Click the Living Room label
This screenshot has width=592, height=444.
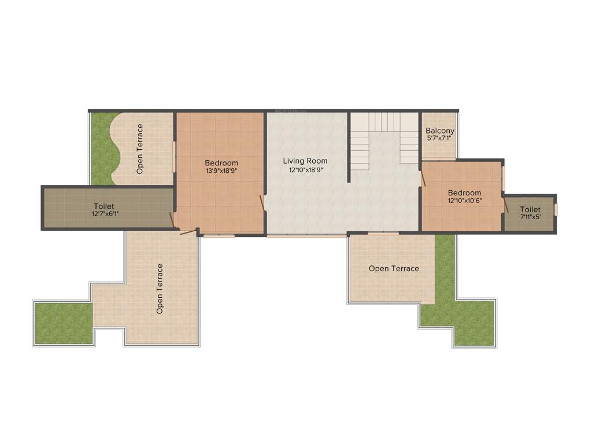coord(305,161)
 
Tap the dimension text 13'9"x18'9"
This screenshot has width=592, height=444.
coord(221,171)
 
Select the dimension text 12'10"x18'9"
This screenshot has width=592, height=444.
coord(305,170)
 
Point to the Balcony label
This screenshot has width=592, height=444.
coord(440,131)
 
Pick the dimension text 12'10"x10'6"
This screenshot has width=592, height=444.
coord(464,201)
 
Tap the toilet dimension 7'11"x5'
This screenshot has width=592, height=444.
coord(530,217)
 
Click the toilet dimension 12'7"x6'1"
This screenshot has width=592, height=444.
coord(104,214)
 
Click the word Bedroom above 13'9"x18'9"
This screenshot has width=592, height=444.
coord(221,163)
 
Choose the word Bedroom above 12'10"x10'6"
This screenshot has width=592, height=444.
coord(464,193)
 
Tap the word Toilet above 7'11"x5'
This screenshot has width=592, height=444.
coord(530,209)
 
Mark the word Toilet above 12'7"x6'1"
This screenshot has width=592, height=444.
coord(104,206)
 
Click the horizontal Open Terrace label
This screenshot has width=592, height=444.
coord(394,268)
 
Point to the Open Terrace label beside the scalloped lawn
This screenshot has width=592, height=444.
coord(140,149)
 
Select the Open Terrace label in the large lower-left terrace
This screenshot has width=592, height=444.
coord(160,289)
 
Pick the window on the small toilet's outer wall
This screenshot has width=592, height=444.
coord(556,209)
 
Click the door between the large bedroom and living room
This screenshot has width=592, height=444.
coord(263,203)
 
